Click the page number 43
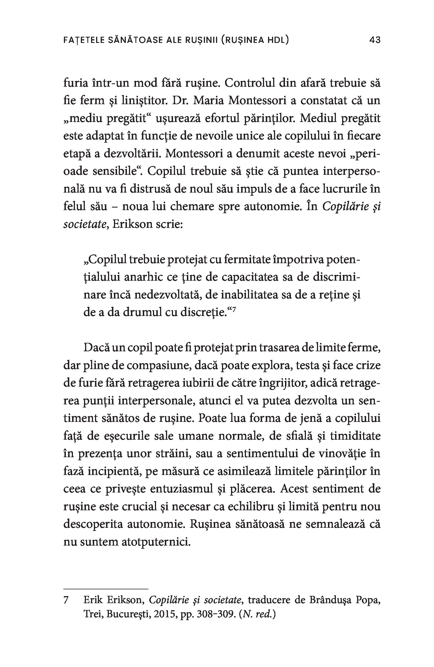375,40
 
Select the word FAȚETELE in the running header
84,40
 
